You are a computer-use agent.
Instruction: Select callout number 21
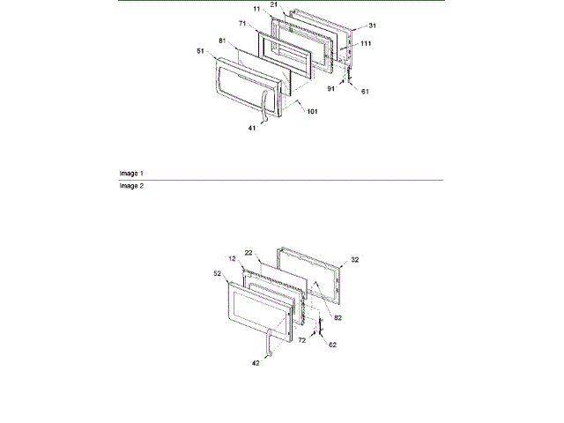click(298, 4)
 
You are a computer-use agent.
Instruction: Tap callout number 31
click(347, 25)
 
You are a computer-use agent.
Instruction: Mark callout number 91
click(330, 87)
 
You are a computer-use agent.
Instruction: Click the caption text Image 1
click(131, 173)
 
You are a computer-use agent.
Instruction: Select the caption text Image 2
click(131, 186)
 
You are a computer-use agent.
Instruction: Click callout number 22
click(249, 252)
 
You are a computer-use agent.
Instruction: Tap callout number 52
click(217, 274)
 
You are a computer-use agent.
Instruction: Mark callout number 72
click(300, 338)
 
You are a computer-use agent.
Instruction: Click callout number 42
click(256, 362)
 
